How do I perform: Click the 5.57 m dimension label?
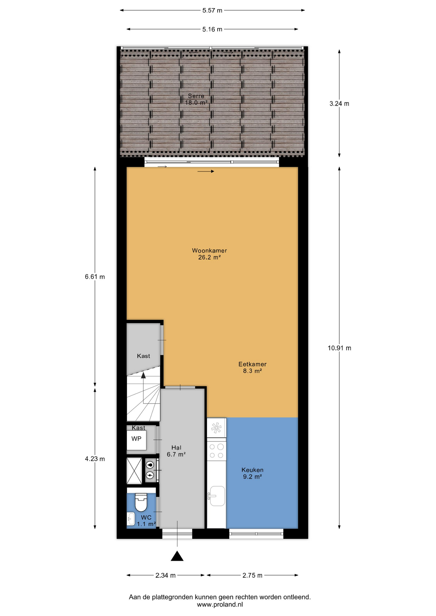(x=212, y=10)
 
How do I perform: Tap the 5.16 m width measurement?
(x=212, y=29)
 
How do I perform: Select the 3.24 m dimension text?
(x=339, y=104)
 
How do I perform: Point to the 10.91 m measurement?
(x=339, y=348)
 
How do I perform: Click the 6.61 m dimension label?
(x=95, y=277)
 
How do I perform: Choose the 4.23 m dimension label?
(x=95, y=459)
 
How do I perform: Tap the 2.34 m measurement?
(x=165, y=575)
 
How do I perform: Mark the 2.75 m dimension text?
(x=252, y=575)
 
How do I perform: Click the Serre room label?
(x=196, y=96)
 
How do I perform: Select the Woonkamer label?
(x=209, y=251)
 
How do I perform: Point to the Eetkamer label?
(x=252, y=364)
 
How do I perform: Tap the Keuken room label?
(x=252, y=470)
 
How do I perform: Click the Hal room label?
(x=176, y=448)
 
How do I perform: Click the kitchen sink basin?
(x=217, y=496)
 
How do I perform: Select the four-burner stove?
(x=216, y=451)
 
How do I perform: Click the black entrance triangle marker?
(x=177, y=556)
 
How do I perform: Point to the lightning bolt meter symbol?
(x=150, y=475)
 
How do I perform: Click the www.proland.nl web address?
(x=220, y=604)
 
